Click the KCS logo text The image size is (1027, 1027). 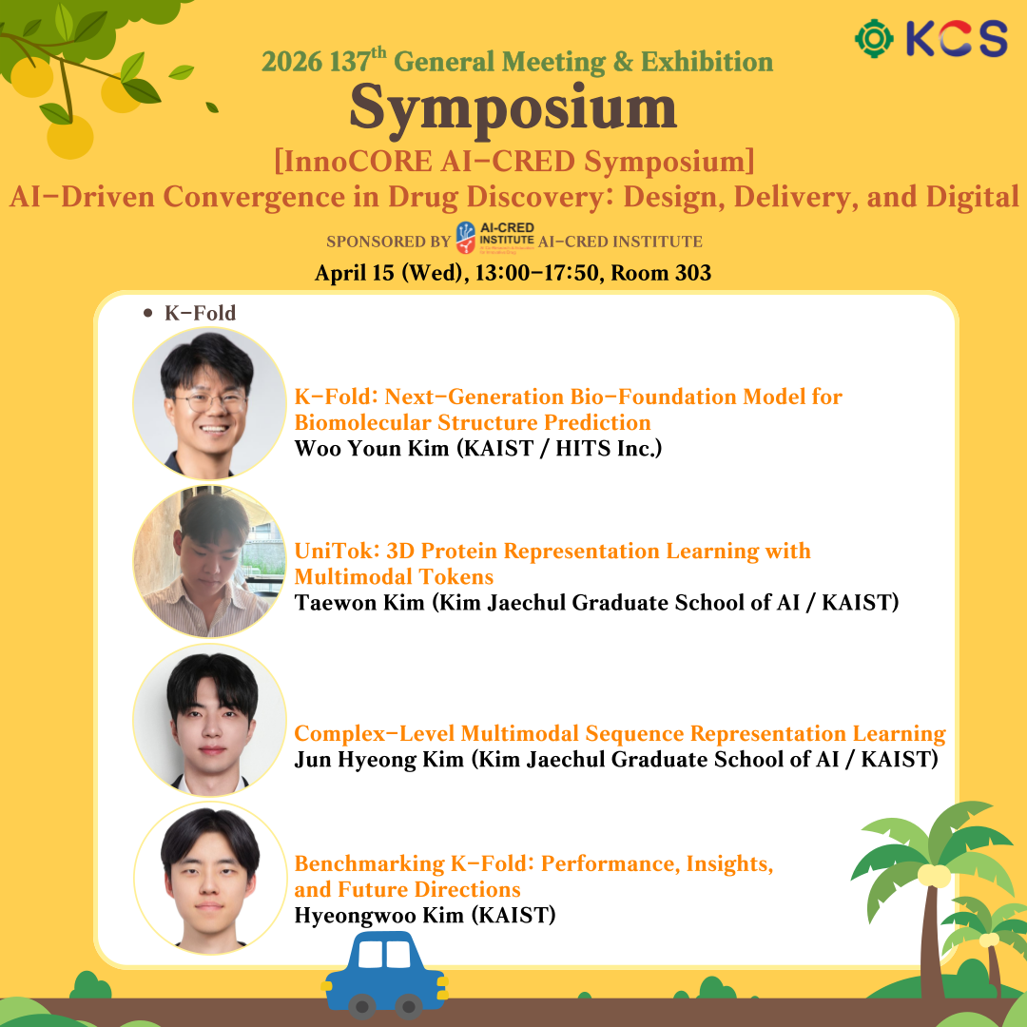tap(957, 38)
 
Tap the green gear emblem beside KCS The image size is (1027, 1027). tap(874, 39)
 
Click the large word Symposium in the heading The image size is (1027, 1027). tap(513, 109)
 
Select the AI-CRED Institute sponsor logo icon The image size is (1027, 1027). tap(466, 237)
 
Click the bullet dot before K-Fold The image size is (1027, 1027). tap(148, 313)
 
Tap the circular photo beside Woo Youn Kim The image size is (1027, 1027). tap(209, 403)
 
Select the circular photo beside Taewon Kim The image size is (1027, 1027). tap(209, 561)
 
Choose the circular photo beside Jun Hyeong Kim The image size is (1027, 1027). tap(209, 719)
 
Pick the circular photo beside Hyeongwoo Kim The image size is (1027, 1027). tap(210, 878)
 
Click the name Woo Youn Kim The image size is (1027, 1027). tap(372, 448)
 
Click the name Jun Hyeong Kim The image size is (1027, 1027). tap(378, 759)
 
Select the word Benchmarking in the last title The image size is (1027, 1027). tap(369, 863)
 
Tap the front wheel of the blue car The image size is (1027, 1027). tap(409, 1005)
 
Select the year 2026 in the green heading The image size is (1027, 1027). tap(292, 62)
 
